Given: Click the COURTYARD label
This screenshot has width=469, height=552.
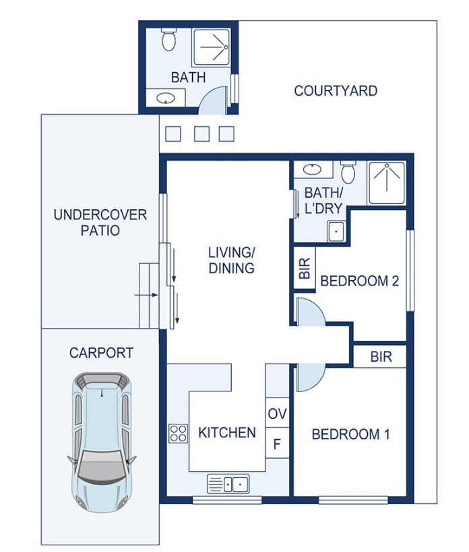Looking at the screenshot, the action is [x=336, y=91].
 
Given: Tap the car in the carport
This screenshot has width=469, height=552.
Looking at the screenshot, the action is [x=102, y=442].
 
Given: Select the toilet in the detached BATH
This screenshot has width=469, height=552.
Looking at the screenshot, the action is [x=168, y=40].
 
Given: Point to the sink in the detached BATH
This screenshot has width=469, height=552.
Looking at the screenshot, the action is [x=166, y=98].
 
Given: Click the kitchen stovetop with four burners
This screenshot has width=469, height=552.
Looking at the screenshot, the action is [x=179, y=433].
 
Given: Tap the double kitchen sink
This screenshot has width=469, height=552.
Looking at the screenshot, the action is [x=228, y=484].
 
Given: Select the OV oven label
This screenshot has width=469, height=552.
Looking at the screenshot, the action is [x=277, y=414].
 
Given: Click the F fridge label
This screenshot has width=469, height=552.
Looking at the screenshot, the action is [x=277, y=444].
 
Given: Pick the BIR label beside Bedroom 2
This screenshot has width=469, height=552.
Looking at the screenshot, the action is [x=305, y=269].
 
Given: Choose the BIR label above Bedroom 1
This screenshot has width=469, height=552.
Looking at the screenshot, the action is [x=381, y=357].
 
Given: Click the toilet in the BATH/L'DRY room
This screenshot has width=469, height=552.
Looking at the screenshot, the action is [x=348, y=172].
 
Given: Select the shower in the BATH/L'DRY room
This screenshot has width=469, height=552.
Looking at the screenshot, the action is [x=387, y=182].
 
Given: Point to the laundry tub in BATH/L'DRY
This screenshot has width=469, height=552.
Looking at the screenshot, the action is [x=336, y=231].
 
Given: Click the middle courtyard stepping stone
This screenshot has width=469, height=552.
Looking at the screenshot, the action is [x=201, y=134].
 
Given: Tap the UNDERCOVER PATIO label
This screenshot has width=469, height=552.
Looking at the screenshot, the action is [x=100, y=223].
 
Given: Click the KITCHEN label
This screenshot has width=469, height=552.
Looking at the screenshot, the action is [x=227, y=433].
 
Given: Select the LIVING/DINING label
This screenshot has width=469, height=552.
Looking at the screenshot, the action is [x=232, y=260].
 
